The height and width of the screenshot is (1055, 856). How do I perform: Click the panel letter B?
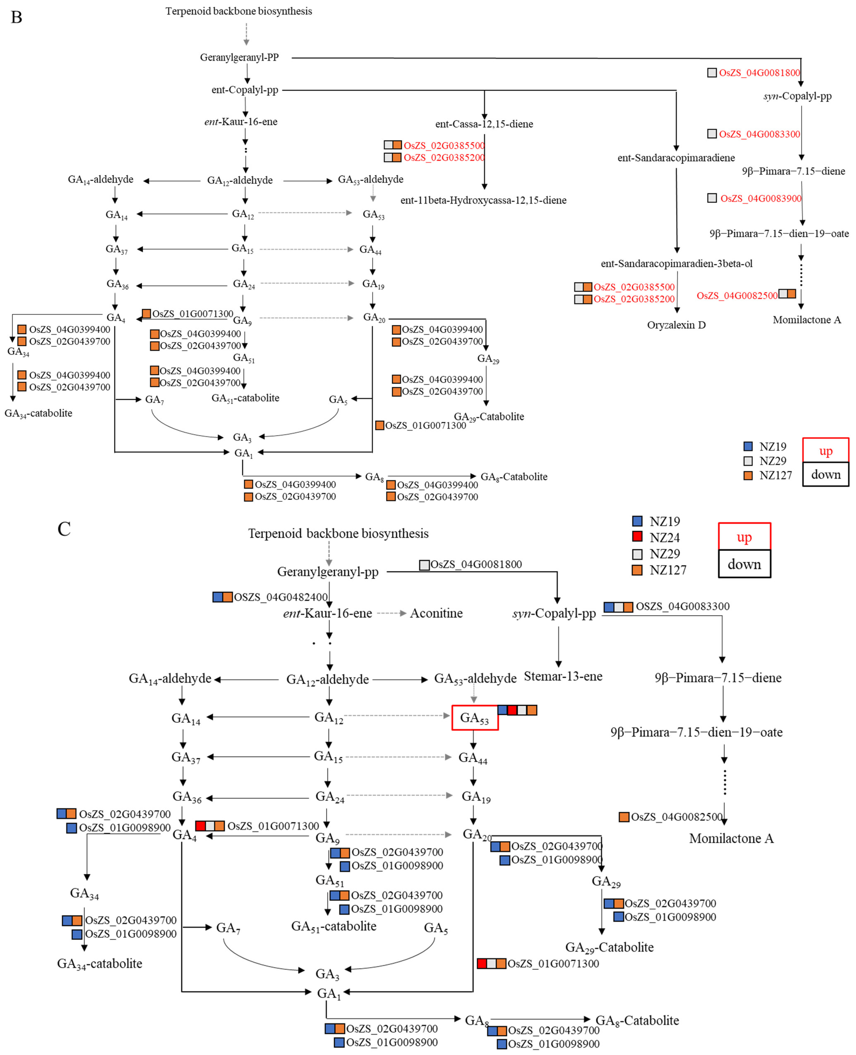16,17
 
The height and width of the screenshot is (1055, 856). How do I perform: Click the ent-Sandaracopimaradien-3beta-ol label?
677,264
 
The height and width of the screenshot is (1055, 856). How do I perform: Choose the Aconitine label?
436,614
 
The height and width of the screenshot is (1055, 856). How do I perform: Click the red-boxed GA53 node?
474,718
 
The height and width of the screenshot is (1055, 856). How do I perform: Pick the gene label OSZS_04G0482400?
280,597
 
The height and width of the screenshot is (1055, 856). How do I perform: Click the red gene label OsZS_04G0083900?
760,199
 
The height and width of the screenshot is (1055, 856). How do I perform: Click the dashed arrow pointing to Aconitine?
391,614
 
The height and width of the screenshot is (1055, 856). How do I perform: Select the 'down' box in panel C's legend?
744,564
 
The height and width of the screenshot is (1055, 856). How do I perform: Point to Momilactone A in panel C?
731,839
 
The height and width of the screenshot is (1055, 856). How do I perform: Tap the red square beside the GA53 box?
512,710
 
